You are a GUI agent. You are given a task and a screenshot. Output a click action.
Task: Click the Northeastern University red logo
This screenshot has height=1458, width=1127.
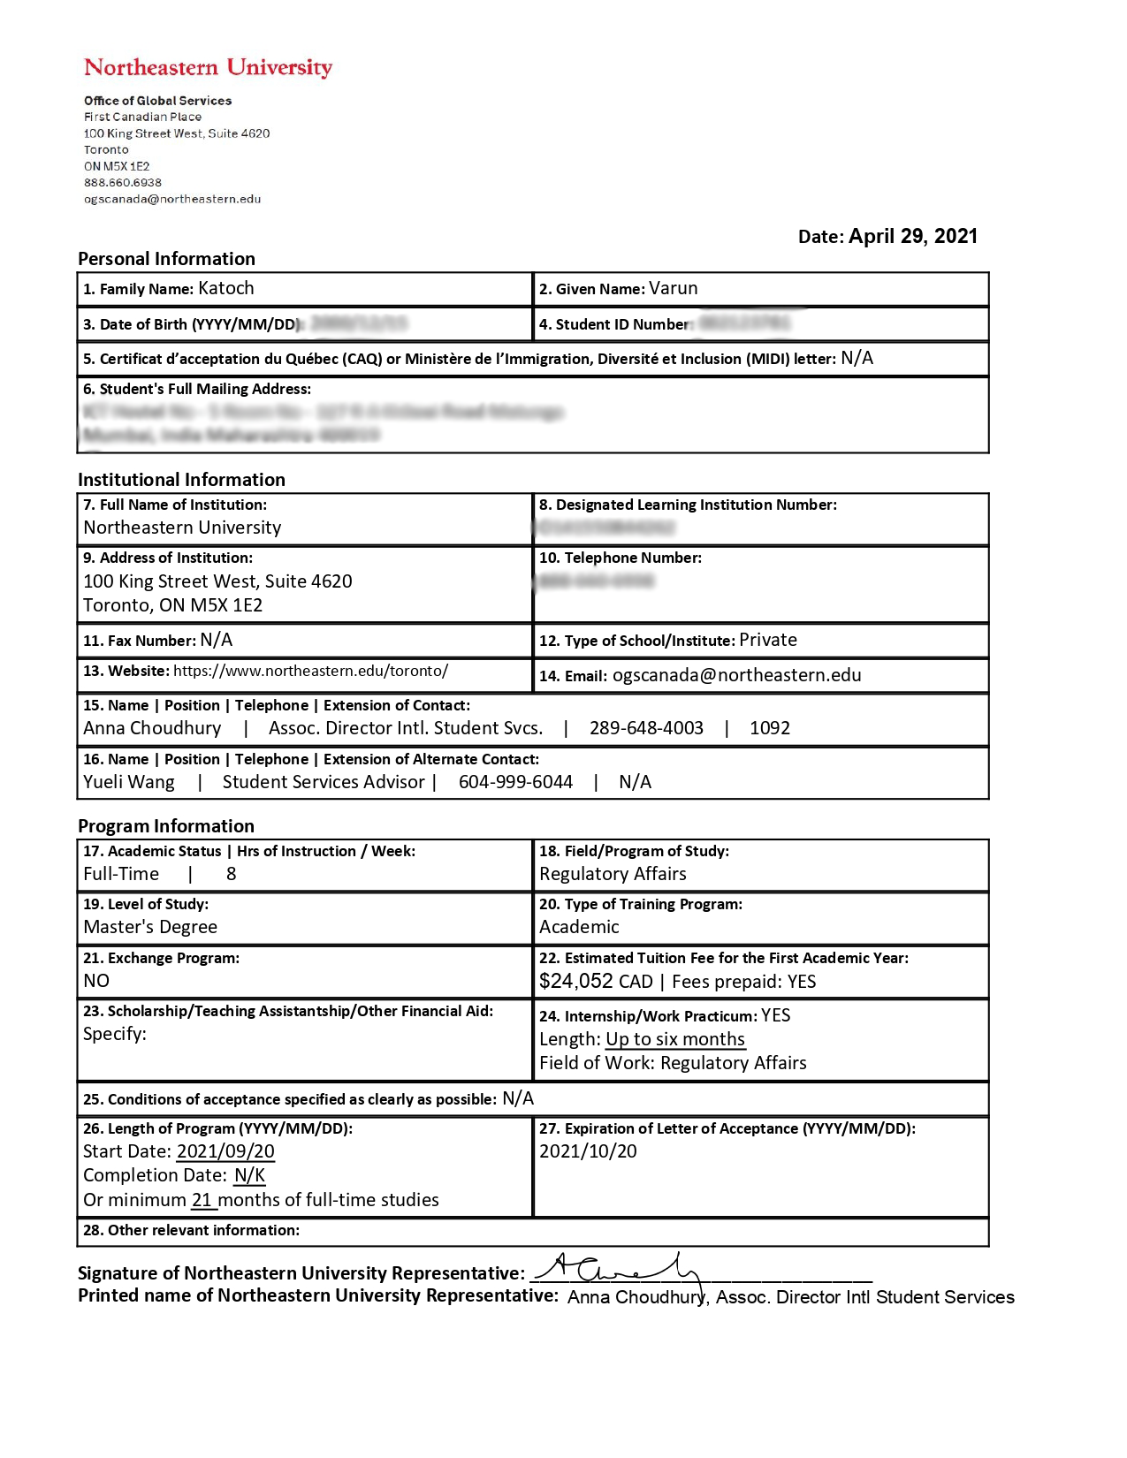208,67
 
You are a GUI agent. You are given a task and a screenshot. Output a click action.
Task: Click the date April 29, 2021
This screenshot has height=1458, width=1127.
912,236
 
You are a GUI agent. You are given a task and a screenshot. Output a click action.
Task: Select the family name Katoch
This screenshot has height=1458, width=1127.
226,288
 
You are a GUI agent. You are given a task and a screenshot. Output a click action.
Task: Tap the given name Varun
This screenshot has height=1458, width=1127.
673,288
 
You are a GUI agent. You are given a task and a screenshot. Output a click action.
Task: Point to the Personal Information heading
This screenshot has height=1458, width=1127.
166,259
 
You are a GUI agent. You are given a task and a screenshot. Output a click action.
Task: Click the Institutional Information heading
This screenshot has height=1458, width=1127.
181,480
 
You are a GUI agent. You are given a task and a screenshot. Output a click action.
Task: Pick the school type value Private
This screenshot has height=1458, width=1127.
767,640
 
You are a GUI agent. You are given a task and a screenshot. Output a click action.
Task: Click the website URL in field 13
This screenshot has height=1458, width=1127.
310,671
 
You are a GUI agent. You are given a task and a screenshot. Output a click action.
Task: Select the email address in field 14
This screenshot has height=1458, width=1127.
736,675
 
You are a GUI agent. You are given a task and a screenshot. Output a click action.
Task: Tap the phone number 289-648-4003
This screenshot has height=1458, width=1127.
646,728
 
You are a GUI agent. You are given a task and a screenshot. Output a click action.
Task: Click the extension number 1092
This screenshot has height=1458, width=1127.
769,728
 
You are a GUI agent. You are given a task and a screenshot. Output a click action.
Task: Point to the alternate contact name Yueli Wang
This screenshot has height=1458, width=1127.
129,782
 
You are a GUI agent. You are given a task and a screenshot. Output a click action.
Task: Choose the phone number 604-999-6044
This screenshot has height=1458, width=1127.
515,782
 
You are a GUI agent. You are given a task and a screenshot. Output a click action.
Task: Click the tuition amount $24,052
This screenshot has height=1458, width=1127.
576,981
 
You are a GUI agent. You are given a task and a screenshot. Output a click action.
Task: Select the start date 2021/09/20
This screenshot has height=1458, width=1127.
225,1151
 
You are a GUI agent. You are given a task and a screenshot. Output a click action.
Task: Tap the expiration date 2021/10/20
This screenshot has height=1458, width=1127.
588,1151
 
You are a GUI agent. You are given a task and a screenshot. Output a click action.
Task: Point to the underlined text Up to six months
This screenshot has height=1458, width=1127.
675,1039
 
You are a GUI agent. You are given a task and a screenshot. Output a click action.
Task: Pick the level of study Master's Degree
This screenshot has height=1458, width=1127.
150,927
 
